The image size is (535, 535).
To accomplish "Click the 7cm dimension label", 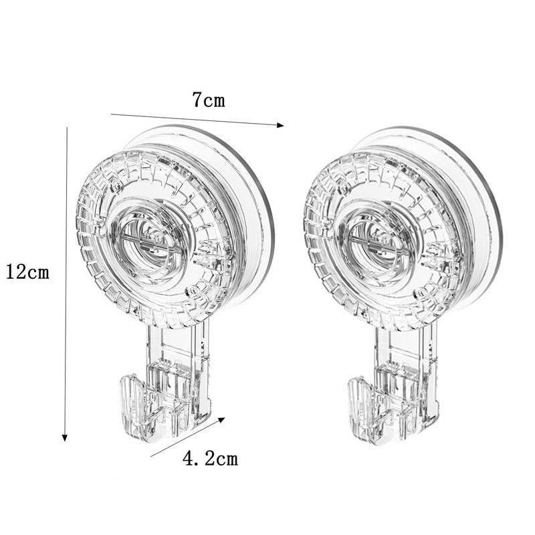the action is [209, 100].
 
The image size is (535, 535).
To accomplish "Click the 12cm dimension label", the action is [28, 272].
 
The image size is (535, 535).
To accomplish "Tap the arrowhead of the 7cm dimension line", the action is [280, 125].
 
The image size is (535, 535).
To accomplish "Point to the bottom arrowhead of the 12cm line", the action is [65, 438].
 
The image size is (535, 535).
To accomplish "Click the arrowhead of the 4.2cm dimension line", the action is [221, 420].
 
